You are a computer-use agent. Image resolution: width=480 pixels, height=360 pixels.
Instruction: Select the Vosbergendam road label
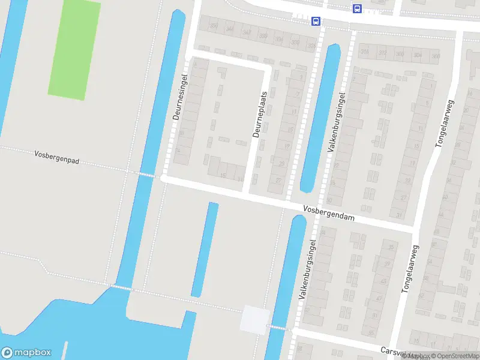tap(329, 214)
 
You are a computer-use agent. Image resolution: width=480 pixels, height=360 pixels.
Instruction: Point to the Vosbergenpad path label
tap(58, 158)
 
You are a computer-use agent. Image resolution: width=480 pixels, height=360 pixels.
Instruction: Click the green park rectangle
tap(74, 49)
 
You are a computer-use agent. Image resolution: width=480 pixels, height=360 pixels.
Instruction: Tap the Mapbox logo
tap(26, 353)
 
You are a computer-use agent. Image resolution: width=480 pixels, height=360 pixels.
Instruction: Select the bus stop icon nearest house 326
tap(316, 21)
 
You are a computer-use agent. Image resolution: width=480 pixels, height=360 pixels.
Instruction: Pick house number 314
tap(365, 52)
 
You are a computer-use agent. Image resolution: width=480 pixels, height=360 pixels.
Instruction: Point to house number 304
tap(418, 55)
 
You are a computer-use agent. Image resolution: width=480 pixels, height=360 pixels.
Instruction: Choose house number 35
tap(392, 247)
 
